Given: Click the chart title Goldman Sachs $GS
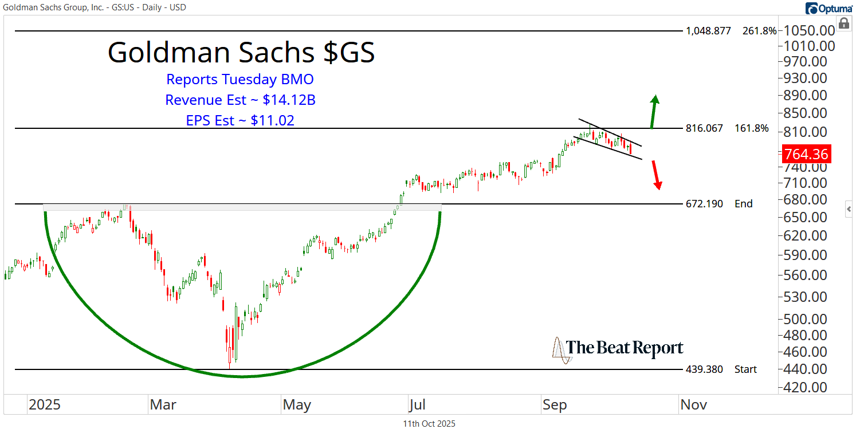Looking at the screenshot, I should [x=241, y=53].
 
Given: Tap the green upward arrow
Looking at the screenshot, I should [x=654, y=111].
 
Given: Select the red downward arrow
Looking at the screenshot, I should [x=656, y=175].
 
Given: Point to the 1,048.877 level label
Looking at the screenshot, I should [x=708, y=31].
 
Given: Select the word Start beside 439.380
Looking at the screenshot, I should [x=746, y=369].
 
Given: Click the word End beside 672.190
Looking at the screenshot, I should [x=744, y=204].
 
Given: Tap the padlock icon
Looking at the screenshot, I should [x=843, y=23].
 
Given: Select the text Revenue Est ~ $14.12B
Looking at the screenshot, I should [x=240, y=100].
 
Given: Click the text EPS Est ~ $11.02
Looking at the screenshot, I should [x=240, y=120].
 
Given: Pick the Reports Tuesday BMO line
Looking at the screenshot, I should [x=240, y=80].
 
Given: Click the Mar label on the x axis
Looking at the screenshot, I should [x=163, y=405].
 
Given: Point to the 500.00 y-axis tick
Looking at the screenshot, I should [x=806, y=319].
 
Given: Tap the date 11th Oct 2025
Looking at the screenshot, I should [x=429, y=424].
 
